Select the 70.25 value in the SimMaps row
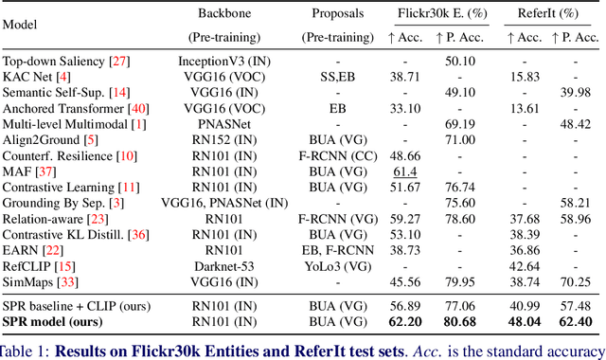click(576, 283)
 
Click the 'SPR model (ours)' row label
click(54, 322)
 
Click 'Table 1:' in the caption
click(25, 349)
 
